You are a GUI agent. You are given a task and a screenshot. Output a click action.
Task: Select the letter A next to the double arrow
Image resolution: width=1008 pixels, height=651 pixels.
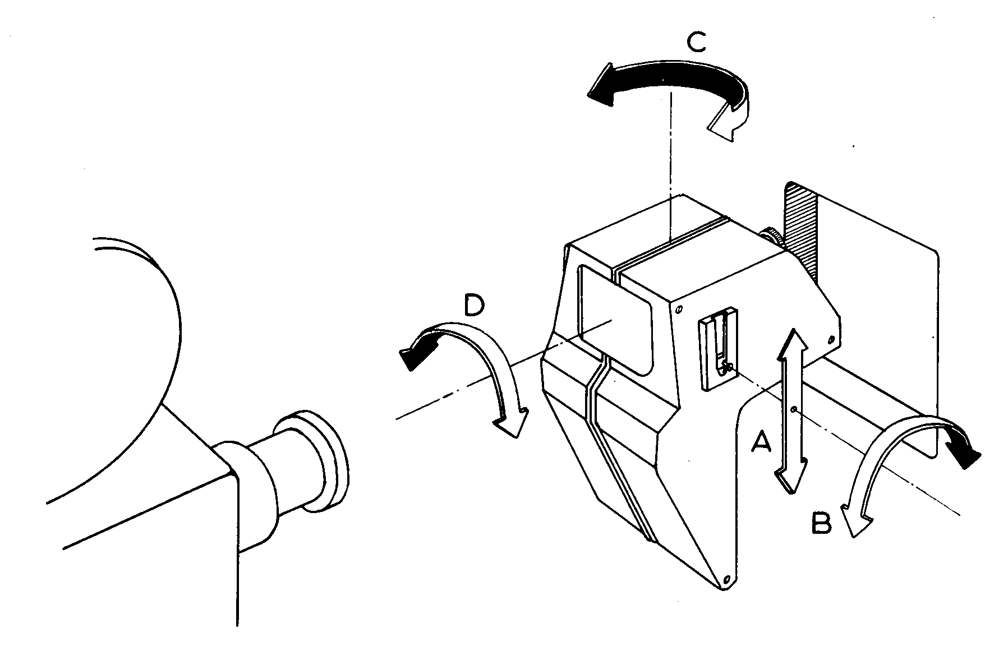761,442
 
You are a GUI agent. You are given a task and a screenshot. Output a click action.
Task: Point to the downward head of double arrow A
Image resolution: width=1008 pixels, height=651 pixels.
789,479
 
